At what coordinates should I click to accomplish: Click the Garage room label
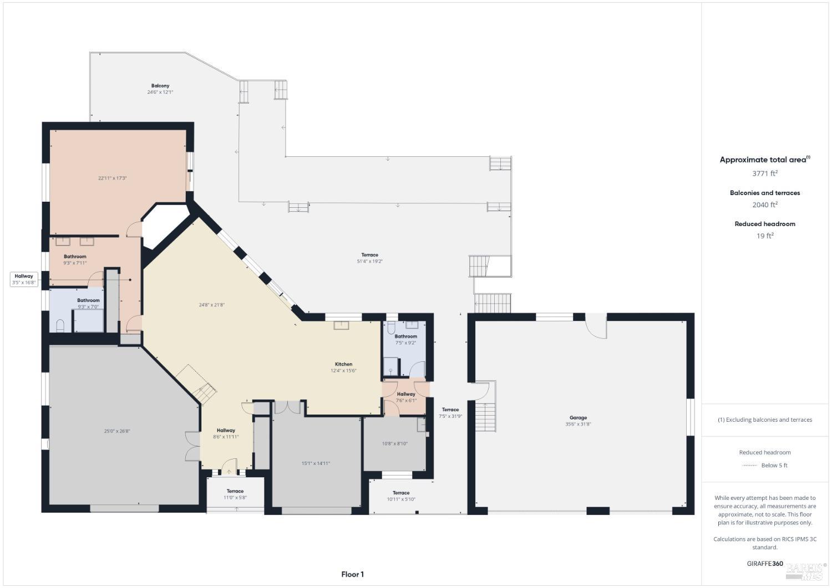point(577,418)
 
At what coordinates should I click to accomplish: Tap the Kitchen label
point(343,364)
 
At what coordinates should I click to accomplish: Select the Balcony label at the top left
point(160,86)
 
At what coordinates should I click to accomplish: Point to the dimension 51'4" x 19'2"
point(369,261)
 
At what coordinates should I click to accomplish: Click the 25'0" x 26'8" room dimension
point(117,431)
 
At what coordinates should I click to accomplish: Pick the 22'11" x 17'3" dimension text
point(113,178)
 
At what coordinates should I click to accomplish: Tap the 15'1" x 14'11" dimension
point(316,463)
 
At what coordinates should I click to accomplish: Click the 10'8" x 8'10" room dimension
point(394,443)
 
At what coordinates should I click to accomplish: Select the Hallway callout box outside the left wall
point(24,279)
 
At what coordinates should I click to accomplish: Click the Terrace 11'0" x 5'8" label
point(235,494)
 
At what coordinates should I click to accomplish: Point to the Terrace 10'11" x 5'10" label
point(401,496)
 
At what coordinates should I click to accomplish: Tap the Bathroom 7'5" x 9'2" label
point(405,339)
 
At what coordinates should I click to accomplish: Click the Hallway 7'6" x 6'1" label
point(406,397)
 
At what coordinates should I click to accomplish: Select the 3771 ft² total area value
point(764,173)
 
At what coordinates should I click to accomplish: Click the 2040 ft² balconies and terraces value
point(764,205)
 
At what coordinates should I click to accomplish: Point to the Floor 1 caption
point(352,575)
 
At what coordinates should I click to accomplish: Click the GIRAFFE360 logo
point(765,564)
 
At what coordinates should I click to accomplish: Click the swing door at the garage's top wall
point(596,326)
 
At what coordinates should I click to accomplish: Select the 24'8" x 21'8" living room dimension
point(212,305)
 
